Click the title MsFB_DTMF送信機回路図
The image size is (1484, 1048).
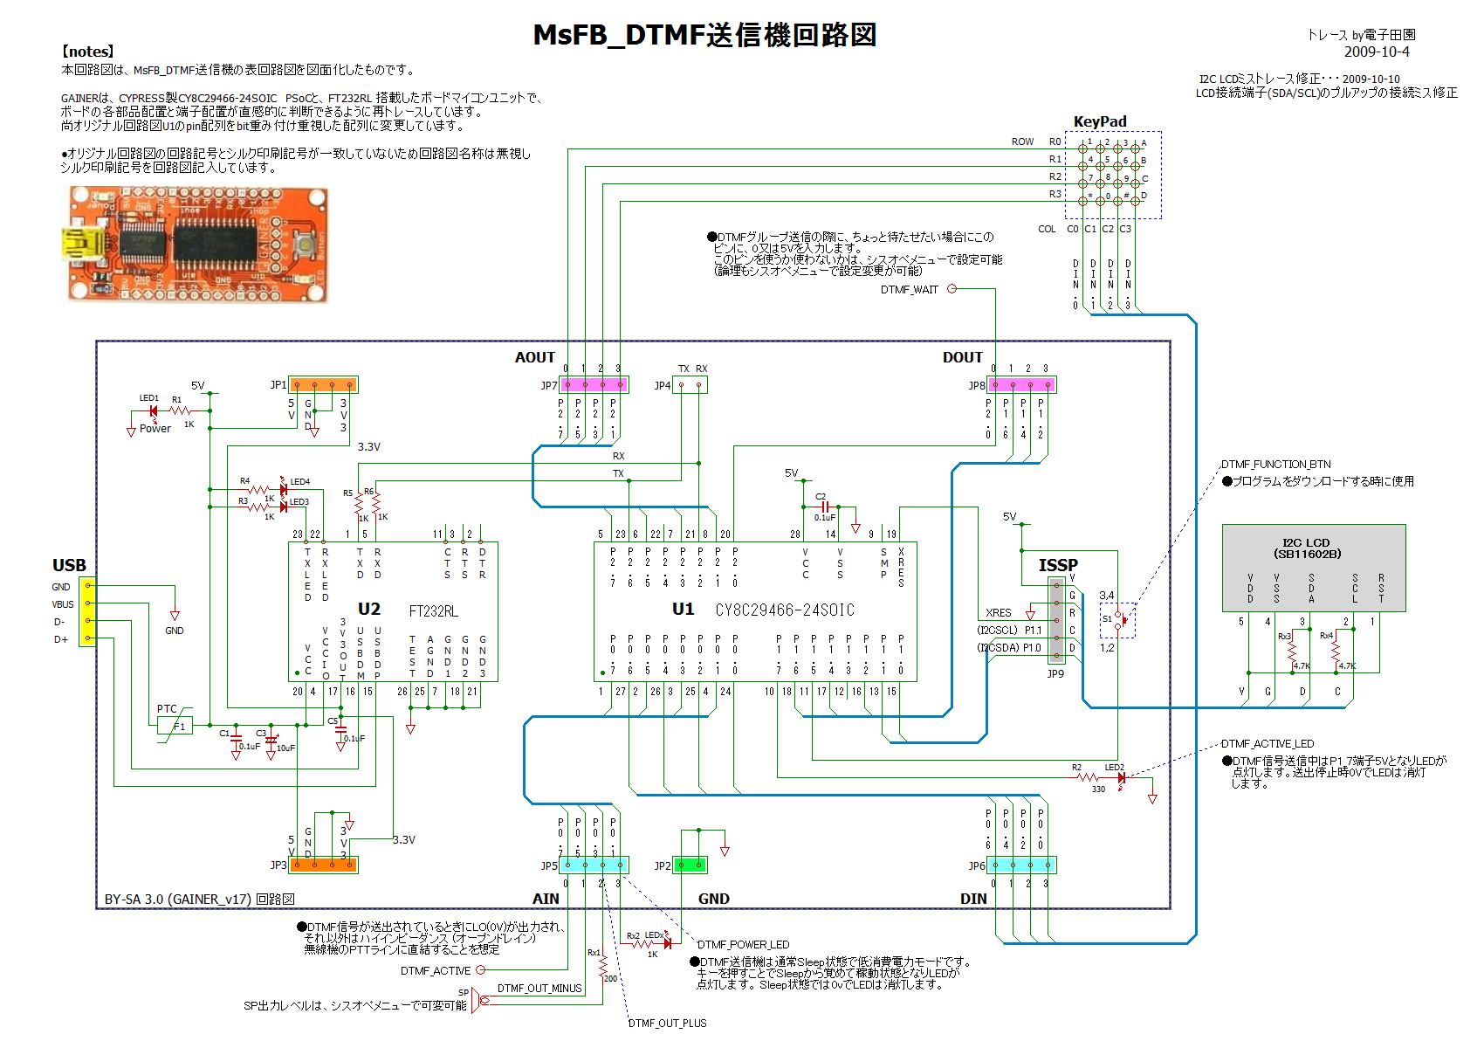(704, 35)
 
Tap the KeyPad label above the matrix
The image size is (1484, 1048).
(1099, 121)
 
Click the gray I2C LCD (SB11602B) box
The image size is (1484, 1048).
(1314, 567)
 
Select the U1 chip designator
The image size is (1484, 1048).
(683, 609)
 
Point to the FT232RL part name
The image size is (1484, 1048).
(433, 611)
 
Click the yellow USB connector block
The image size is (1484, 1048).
(88, 612)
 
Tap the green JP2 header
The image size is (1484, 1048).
(691, 865)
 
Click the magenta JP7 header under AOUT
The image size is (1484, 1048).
(594, 384)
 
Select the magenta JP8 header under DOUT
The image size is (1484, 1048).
(1021, 384)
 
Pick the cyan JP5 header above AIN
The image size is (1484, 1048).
(594, 865)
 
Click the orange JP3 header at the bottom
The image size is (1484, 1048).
(323, 865)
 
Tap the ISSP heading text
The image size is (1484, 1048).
(1058, 565)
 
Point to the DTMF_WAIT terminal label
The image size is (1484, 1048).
(909, 290)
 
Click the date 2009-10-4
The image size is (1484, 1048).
(1377, 52)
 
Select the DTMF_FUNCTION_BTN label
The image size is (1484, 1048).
(1275, 465)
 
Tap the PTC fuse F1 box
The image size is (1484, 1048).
(175, 726)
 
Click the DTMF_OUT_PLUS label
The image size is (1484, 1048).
(667, 1023)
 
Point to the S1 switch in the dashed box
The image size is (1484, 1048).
(1116, 619)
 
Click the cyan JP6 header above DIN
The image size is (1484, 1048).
(1021, 865)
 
